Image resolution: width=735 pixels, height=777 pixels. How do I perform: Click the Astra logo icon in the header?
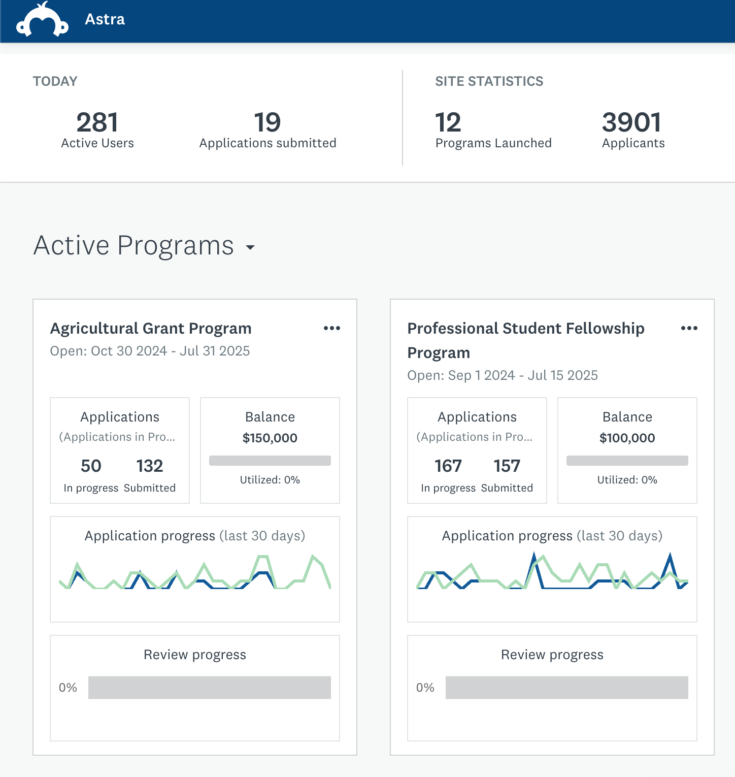click(42, 21)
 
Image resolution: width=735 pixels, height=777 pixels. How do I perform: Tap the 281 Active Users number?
click(97, 122)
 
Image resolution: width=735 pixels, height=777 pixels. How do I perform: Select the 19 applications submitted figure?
click(268, 122)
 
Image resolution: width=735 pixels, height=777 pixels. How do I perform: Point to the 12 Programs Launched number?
click(448, 122)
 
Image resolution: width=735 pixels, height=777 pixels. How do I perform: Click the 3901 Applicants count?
click(631, 122)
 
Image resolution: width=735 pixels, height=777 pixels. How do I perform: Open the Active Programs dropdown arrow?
click(250, 247)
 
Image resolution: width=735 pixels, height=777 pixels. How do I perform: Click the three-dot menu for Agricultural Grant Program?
click(332, 328)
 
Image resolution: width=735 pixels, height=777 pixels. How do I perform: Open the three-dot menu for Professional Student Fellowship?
click(689, 328)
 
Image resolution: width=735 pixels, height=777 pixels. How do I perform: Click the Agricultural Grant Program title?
click(151, 329)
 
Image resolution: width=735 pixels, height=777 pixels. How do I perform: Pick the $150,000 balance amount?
click(270, 438)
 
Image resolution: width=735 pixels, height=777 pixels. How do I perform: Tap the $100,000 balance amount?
click(627, 438)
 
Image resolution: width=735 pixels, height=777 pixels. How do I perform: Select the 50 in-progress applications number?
click(91, 466)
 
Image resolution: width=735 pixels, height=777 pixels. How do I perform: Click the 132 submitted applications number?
click(150, 466)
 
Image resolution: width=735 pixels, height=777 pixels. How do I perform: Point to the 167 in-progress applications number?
click(448, 466)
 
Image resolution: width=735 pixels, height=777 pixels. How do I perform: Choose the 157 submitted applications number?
click(507, 466)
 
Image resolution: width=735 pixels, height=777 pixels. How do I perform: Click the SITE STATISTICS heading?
click(489, 81)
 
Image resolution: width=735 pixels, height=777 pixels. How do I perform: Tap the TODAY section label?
click(55, 81)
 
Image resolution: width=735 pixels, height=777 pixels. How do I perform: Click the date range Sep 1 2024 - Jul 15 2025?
click(503, 375)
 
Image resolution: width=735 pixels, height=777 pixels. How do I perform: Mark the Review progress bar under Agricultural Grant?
click(209, 688)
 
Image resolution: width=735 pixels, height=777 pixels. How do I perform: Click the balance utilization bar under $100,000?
click(627, 461)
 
